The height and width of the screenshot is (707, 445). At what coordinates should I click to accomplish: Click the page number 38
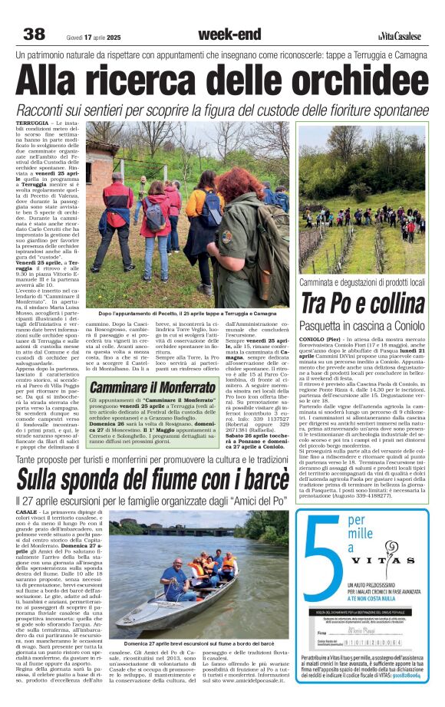tap(35, 34)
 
